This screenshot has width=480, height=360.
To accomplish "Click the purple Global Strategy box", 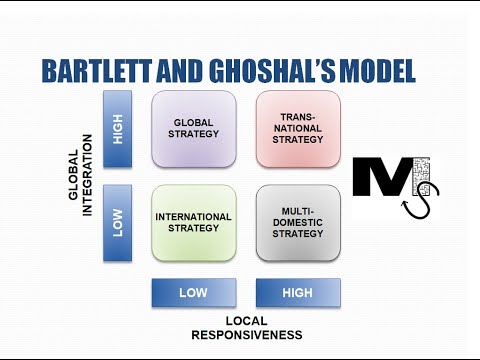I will pyautogui.click(x=193, y=129).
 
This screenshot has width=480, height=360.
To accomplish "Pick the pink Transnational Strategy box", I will pyautogui.click(x=298, y=129).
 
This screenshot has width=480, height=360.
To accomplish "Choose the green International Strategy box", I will pyautogui.click(x=193, y=222).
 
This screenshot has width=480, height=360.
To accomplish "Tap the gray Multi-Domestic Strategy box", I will pyautogui.click(x=298, y=222).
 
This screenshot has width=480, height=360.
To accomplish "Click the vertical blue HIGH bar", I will pyautogui.click(x=118, y=129).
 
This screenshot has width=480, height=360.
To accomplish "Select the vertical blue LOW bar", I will pyautogui.click(x=118, y=222).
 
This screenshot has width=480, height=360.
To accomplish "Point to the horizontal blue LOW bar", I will pyautogui.click(x=193, y=292).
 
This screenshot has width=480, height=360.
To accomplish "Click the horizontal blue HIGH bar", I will pyautogui.click(x=298, y=292).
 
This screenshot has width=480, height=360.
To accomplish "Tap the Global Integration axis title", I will pyautogui.click(x=80, y=176).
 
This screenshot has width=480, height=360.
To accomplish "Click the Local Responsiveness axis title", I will pyautogui.click(x=245, y=325).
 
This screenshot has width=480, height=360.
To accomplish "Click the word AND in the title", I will pyautogui.click(x=185, y=71).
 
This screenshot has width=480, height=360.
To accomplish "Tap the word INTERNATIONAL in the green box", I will pyautogui.click(x=193, y=216).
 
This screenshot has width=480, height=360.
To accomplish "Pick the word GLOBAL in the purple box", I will pyautogui.click(x=193, y=123).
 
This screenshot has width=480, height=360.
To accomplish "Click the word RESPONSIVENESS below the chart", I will pyautogui.click(x=245, y=333).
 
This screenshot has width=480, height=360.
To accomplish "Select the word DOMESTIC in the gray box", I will pyautogui.click(x=298, y=222).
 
